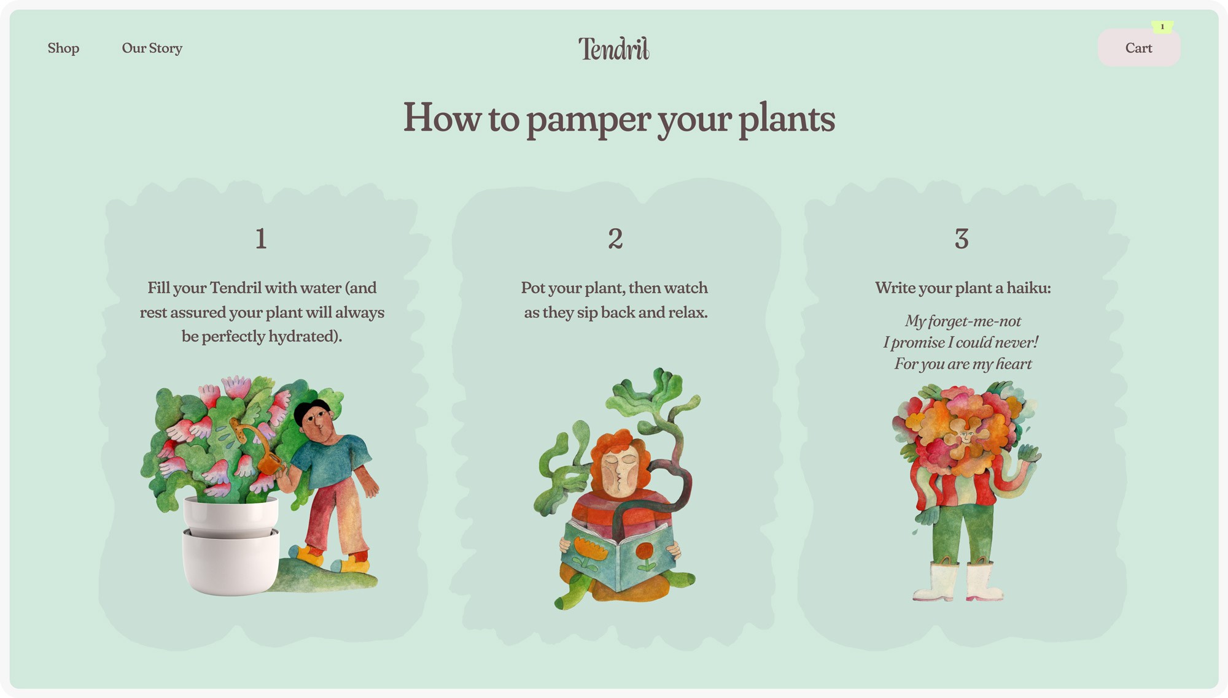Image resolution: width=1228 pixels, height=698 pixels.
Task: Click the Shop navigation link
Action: [x=63, y=48]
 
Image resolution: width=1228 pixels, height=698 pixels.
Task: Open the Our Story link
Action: [x=152, y=48]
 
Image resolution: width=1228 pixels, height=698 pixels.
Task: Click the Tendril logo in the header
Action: [x=613, y=48]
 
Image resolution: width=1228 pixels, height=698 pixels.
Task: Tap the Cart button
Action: [x=1139, y=48]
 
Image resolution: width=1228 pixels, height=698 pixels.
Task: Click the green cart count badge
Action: [x=1162, y=26]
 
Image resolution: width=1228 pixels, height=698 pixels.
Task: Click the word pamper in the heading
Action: [x=588, y=118]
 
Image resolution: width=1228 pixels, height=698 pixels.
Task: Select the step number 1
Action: [x=261, y=238]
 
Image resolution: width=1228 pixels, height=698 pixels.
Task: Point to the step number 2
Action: [x=615, y=238]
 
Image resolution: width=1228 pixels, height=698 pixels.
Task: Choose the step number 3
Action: [x=962, y=238]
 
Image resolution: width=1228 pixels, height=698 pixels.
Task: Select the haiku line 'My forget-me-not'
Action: [x=963, y=321]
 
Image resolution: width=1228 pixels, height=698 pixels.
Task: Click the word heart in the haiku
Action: [x=1014, y=364]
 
